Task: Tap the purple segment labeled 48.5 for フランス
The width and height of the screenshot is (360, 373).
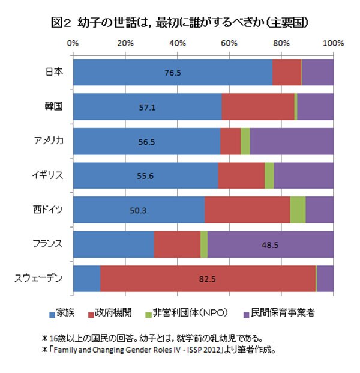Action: pyautogui.click(x=270, y=245)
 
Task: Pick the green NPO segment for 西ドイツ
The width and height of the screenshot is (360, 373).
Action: pyautogui.click(x=298, y=210)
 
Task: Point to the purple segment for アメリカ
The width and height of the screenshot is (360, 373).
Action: pyautogui.click(x=292, y=141)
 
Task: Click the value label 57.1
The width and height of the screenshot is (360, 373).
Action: pyautogui.click(x=147, y=108)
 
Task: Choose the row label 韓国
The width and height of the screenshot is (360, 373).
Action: pyautogui.click(x=55, y=107)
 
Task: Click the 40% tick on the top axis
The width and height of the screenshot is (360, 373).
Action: pyautogui.click(x=177, y=43)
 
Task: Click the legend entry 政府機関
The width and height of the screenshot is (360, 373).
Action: pyautogui.click(x=111, y=312)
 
